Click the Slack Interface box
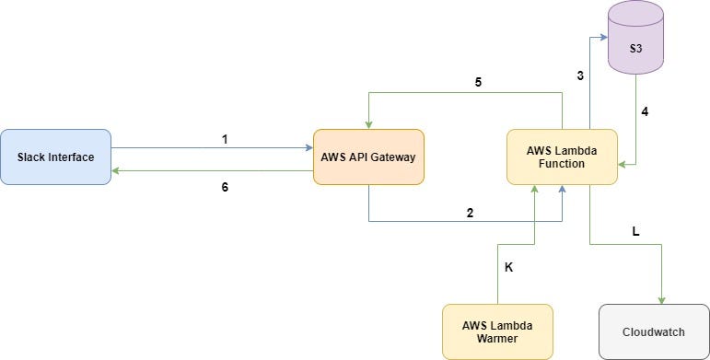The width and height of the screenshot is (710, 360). pyautogui.click(x=55, y=157)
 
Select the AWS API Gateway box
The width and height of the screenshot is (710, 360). pyautogui.click(x=367, y=157)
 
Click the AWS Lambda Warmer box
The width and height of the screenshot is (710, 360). pyautogui.click(x=497, y=331)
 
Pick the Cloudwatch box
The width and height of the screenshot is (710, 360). pyautogui.click(x=654, y=331)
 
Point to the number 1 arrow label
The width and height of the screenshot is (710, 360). pyautogui.click(x=224, y=139)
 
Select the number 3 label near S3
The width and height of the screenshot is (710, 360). pyautogui.click(x=580, y=75)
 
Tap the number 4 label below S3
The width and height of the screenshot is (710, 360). pyautogui.click(x=645, y=112)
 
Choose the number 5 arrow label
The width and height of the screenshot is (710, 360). pyautogui.click(x=478, y=81)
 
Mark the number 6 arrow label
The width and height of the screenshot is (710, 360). pyautogui.click(x=224, y=187)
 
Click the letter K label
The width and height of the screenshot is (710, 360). pyautogui.click(x=508, y=268)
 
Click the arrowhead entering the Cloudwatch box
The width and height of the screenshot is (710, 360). pyautogui.click(x=661, y=300)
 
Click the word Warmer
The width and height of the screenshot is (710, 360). pyautogui.click(x=497, y=340)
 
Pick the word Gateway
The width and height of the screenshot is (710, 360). pyautogui.click(x=393, y=157)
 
